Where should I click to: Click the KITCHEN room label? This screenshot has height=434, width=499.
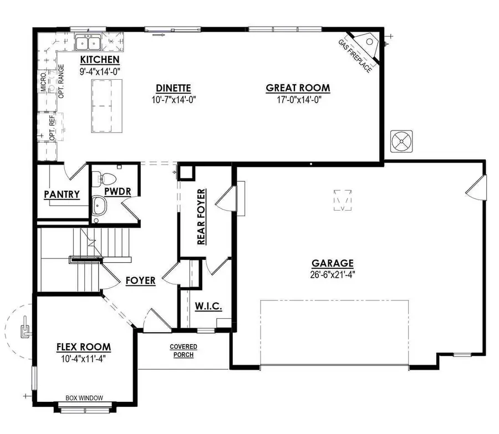(x=100, y=60)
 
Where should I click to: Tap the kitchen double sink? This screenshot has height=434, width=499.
(x=88, y=43)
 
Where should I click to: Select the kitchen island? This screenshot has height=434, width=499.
(x=106, y=105)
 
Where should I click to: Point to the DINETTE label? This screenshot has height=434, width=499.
(x=174, y=88)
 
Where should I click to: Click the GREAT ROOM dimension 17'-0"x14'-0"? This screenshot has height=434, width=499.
(x=298, y=100)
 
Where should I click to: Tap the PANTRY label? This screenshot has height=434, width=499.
(x=62, y=195)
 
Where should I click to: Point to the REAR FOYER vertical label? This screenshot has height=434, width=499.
(x=201, y=217)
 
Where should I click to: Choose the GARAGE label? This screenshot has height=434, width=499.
(x=332, y=264)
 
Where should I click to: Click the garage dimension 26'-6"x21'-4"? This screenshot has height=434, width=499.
(x=332, y=275)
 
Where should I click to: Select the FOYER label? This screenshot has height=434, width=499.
(x=140, y=280)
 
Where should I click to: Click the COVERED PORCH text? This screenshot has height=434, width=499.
(x=183, y=351)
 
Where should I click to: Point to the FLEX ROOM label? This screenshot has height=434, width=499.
(x=84, y=348)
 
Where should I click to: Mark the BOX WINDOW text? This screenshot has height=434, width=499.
(x=84, y=397)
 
